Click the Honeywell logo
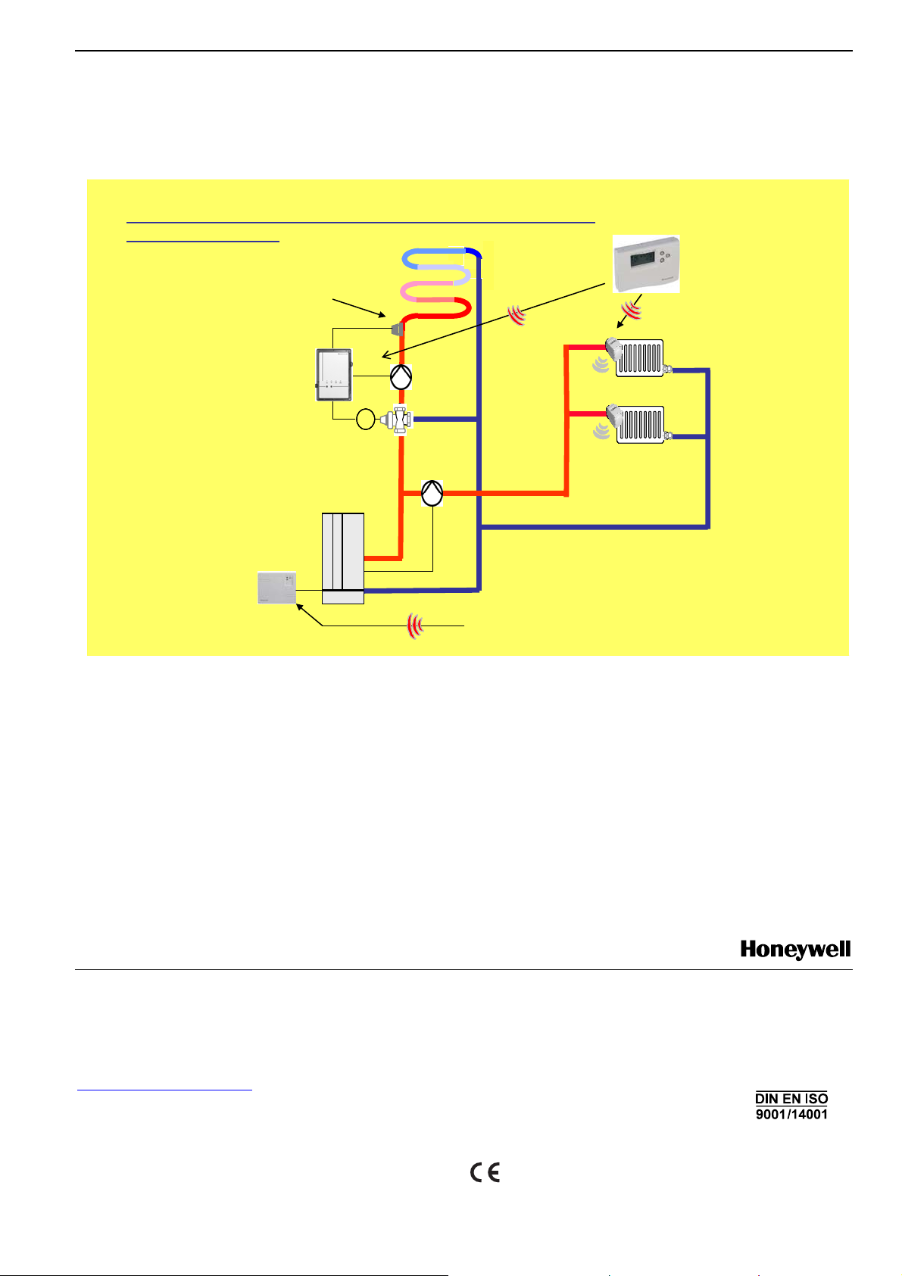[x=795, y=950]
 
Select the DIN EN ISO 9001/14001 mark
[x=791, y=1106]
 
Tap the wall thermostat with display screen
[x=645, y=263]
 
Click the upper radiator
[x=641, y=358]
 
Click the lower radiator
[x=641, y=425]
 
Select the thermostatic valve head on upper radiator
[x=614, y=349]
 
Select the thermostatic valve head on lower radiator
[x=614, y=416]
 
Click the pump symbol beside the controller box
[x=401, y=376]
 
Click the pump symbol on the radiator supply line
[x=432, y=494]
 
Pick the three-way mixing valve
[x=400, y=419]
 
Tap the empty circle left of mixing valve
[x=366, y=419]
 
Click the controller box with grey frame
[x=334, y=375]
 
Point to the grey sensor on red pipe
[x=395, y=329]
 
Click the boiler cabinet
[x=343, y=557]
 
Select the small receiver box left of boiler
[x=276, y=587]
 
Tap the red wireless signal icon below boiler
[x=414, y=626]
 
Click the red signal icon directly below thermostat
[x=632, y=308]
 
